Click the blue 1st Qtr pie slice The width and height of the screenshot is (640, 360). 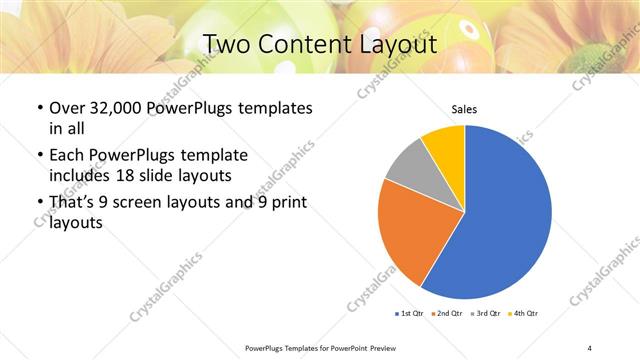click(x=505, y=215)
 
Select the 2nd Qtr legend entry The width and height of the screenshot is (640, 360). click(x=449, y=314)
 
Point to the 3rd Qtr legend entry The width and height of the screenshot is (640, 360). click(x=488, y=314)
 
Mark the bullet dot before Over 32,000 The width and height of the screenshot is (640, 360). click(x=39, y=108)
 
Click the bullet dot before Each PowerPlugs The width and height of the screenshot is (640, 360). click(x=39, y=156)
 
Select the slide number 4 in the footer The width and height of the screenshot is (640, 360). click(x=589, y=347)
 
